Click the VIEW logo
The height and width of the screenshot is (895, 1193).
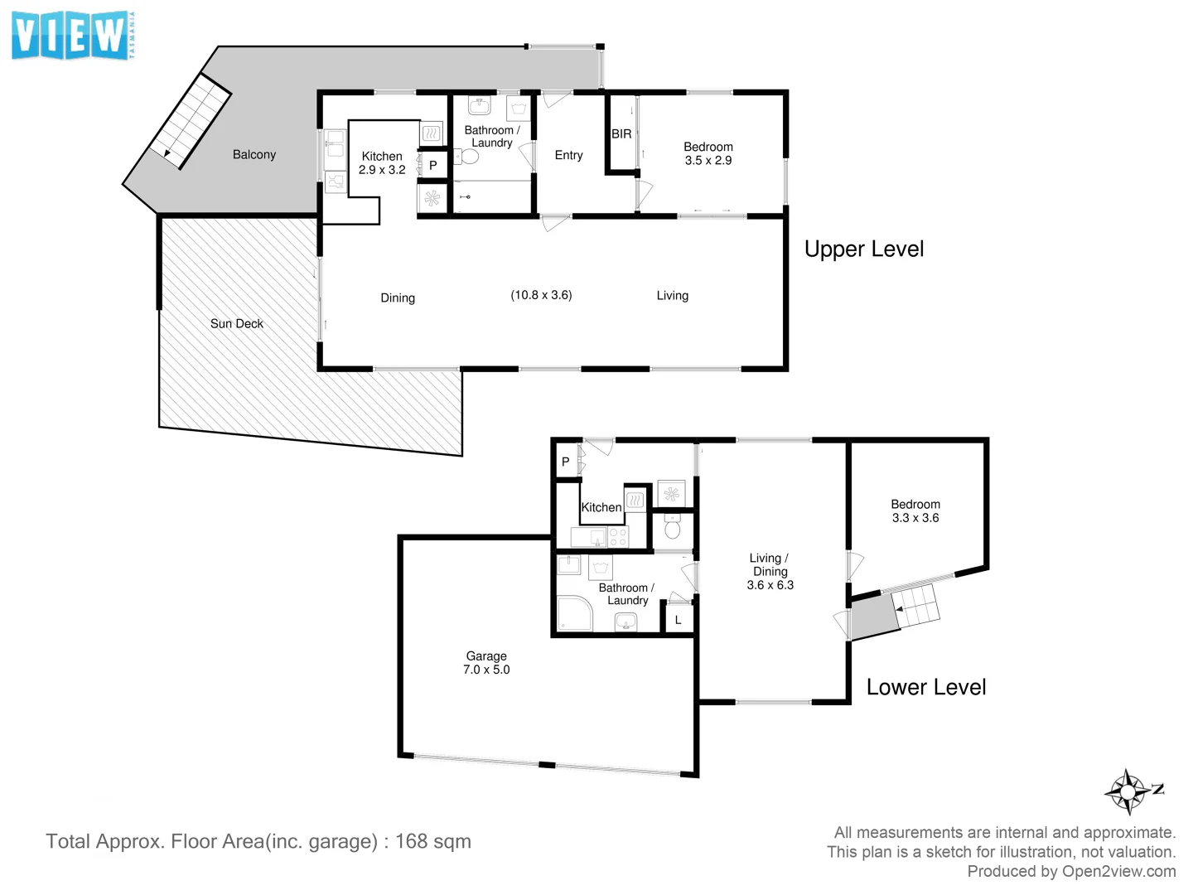tap(73, 36)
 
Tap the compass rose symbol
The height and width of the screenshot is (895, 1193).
tap(1128, 791)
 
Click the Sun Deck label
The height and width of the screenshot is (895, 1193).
tap(236, 324)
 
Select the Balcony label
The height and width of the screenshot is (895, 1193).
tap(254, 155)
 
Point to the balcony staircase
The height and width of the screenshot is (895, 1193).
tap(190, 121)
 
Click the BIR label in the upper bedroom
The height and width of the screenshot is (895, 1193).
tap(621, 134)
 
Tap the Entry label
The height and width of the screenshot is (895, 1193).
tap(568, 156)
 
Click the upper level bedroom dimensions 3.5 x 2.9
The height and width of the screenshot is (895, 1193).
tap(708, 161)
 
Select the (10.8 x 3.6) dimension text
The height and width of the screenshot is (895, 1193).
tap(541, 295)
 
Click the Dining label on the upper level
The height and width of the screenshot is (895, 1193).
tap(397, 298)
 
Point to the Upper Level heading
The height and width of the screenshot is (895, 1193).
tap(863, 249)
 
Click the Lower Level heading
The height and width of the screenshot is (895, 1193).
tap(925, 687)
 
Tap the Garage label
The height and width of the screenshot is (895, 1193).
tap(486, 656)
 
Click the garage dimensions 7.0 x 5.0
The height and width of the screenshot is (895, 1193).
tap(486, 670)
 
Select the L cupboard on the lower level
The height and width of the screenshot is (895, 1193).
tap(679, 620)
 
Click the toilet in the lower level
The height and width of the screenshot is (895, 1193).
tap(673, 528)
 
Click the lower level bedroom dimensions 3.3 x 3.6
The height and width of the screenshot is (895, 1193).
tap(915, 519)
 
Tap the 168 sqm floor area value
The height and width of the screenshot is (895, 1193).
tap(432, 841)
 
